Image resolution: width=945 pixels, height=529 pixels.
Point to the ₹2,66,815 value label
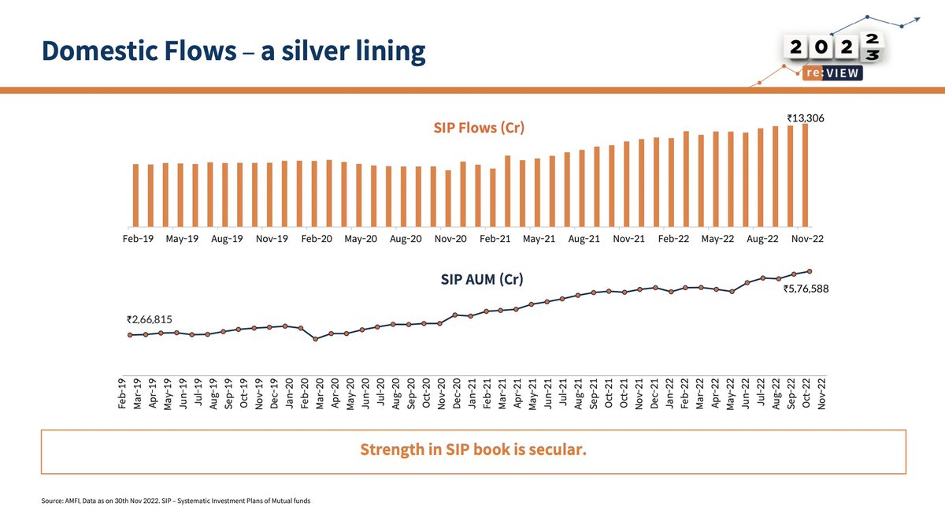(x=149, y=319)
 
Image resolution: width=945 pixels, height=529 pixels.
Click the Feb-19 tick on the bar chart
(x=137, y=237)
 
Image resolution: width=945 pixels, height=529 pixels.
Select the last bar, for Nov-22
(x=805, y=173)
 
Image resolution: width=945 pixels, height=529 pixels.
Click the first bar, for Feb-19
(x=136, y=194)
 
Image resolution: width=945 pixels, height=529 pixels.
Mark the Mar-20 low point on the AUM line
(x=316, y=339)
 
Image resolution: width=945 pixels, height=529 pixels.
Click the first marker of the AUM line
(x=130, y=335)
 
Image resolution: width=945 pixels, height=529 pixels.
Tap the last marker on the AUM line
(x=810, y=270)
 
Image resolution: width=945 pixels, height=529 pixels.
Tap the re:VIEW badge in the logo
(x=832, y=73)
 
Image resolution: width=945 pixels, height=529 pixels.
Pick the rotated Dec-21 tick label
(x=654, y=392)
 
